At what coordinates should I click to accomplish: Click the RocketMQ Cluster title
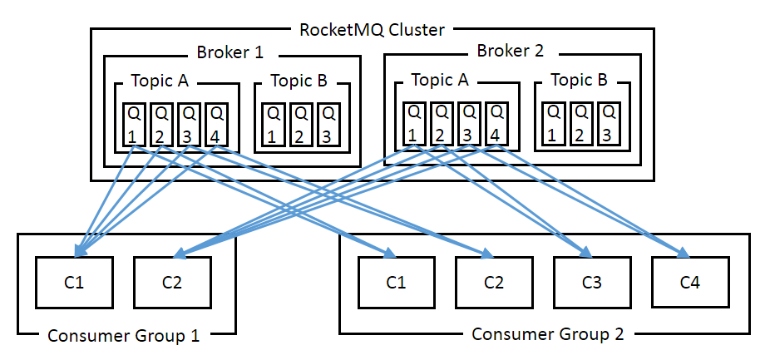(372, 30)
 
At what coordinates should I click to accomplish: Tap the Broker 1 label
(230, 52)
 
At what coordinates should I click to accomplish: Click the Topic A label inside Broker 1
(160, 81)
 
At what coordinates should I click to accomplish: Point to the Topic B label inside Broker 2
(579, 81)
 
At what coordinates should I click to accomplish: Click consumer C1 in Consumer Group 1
(74, 282)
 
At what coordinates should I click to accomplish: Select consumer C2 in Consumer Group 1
(172, 282)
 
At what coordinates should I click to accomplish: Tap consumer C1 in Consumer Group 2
(396, 282)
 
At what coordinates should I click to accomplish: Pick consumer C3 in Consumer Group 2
(592, 282)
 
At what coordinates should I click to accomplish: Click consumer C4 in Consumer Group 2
(690, 282)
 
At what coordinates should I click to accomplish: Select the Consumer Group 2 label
(547, 334)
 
